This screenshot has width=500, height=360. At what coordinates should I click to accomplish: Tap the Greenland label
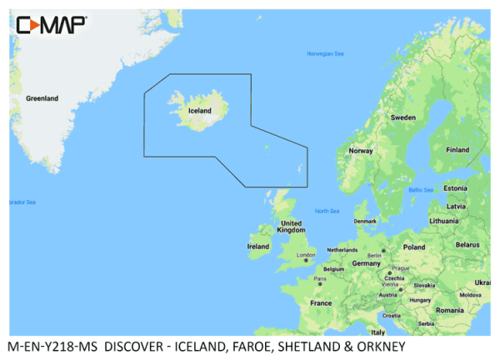tap(42, 98)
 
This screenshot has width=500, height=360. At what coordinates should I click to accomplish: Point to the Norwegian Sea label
tap(325, 53)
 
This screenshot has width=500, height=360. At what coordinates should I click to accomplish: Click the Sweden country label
tap(403, 117)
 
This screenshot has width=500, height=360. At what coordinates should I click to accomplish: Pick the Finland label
tap(457, 150)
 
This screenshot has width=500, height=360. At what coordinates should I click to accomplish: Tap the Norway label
tap(361, 151)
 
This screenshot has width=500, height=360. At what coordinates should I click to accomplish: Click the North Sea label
tap(327, 211)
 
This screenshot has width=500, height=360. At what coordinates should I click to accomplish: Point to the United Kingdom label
tap(291, 227)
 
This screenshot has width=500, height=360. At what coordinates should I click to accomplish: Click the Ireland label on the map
tap(258, 247)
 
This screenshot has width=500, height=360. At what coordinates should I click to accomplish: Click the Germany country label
tap(366, 262)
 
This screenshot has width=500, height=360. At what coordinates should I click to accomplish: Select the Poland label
tap(414, 247)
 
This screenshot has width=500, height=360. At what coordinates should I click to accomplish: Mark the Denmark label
tap(365, 221)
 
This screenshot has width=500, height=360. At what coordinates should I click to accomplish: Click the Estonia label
tap(455, 188)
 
